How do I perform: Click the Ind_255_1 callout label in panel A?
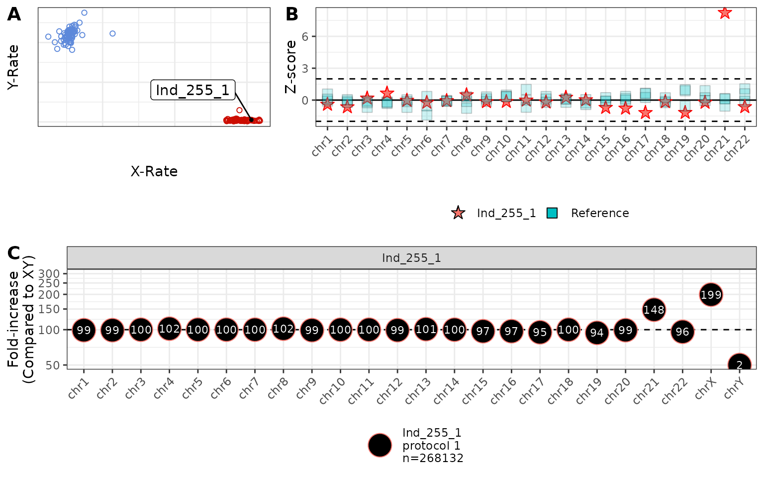192,90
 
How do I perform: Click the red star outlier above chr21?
725,12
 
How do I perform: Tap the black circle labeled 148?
654,310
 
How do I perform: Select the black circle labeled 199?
711,295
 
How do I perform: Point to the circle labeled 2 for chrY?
739,364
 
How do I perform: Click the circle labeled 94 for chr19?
597,333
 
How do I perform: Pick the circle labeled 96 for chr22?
682,332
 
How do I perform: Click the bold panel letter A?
14,14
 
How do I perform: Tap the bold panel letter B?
292,14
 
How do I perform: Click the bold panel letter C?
14,253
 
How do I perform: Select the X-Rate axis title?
154,171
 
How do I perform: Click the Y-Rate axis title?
13,67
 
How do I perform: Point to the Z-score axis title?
290,67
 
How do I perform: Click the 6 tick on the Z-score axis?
305,36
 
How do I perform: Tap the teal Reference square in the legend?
552,213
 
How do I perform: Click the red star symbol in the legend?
458,213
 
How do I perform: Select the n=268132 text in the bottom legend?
433,458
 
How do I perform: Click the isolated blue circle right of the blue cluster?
112,33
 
